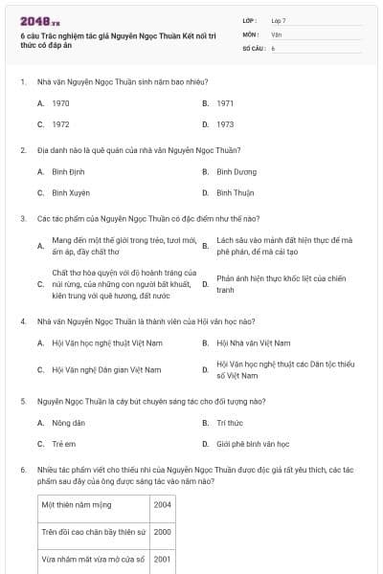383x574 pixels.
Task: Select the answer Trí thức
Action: tap(230, 422)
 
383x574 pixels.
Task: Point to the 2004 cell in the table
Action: tap(162, 504)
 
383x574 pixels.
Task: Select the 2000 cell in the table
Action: tap(162, 532)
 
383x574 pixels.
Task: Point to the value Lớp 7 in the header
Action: tap(279, 20)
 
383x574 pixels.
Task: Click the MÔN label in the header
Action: tap(251, 33)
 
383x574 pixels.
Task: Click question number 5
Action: tap(22, 401)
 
